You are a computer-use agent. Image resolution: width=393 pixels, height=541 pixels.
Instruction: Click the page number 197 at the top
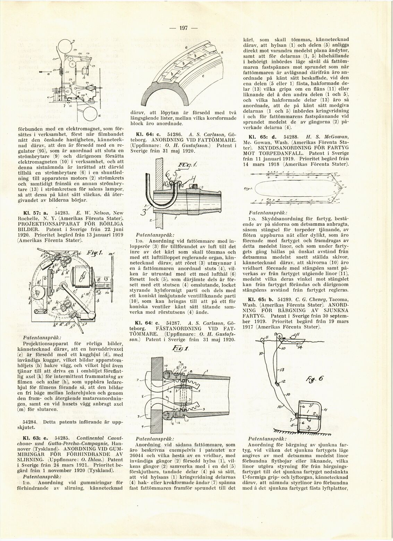click(183, 28)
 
